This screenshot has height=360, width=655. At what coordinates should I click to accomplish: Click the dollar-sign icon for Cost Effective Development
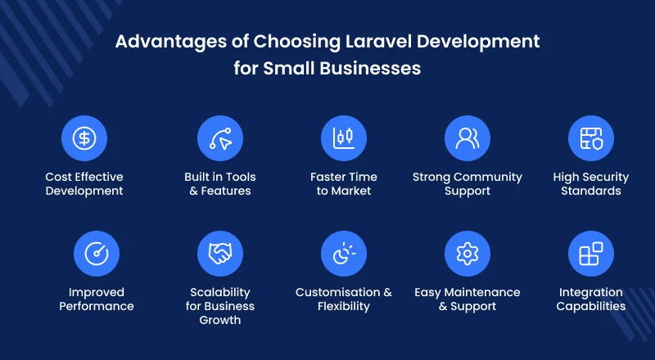(84, 138)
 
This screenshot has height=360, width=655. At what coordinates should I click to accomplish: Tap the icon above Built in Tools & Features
(221, 138)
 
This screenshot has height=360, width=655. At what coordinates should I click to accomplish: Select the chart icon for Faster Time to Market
(344, 138)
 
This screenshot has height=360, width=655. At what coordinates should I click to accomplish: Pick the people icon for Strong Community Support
(467, 138)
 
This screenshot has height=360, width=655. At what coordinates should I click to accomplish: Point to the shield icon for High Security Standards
(590, 138)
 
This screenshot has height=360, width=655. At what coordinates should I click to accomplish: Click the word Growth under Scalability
(220, 320)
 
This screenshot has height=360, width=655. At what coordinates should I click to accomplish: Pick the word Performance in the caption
(96, 306)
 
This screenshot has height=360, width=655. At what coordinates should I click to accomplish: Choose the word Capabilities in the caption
(591, 306)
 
